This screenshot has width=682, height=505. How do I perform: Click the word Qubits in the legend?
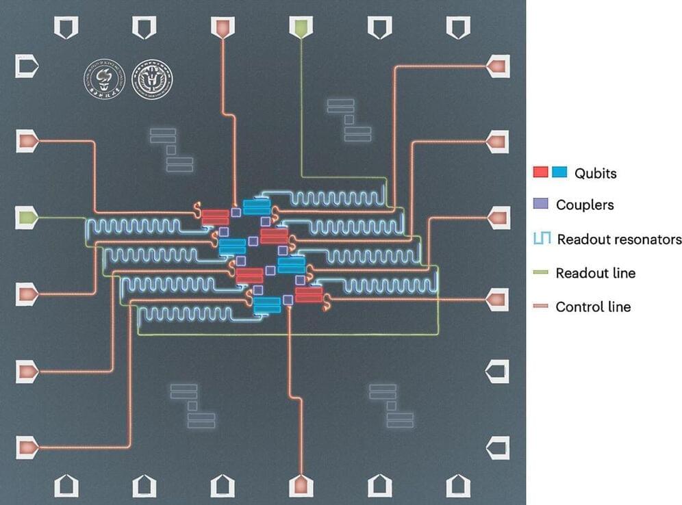tap(596, 173)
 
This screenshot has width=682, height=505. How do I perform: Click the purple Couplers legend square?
tap(541, 204)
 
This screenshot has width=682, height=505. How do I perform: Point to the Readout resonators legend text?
tap(619, 239)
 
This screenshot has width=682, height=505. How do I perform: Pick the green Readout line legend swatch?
tap(541, 273)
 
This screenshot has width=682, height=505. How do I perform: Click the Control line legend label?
tap(593, 307)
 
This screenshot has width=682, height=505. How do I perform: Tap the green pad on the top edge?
tap(300, 28)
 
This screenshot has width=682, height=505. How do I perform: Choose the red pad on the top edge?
tap(222, 28)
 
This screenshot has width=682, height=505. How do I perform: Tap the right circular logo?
tap(152, 82)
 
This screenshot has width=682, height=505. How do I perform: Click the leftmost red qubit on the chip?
tap(215, 216)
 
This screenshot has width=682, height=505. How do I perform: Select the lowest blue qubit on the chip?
tap(266, 305)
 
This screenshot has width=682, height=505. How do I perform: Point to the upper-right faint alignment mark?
tap(348, 120)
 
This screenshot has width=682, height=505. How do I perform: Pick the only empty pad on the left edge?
tap(27, 66)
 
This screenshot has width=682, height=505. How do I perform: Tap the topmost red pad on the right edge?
tap(497, 66)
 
